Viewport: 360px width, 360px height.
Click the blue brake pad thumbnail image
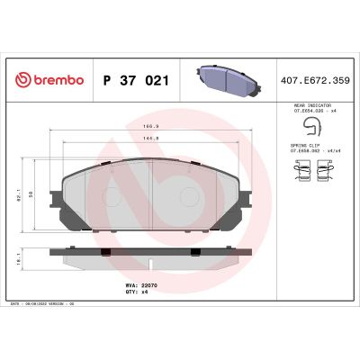pos(227,79)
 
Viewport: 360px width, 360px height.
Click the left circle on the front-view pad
pos(99,196)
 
